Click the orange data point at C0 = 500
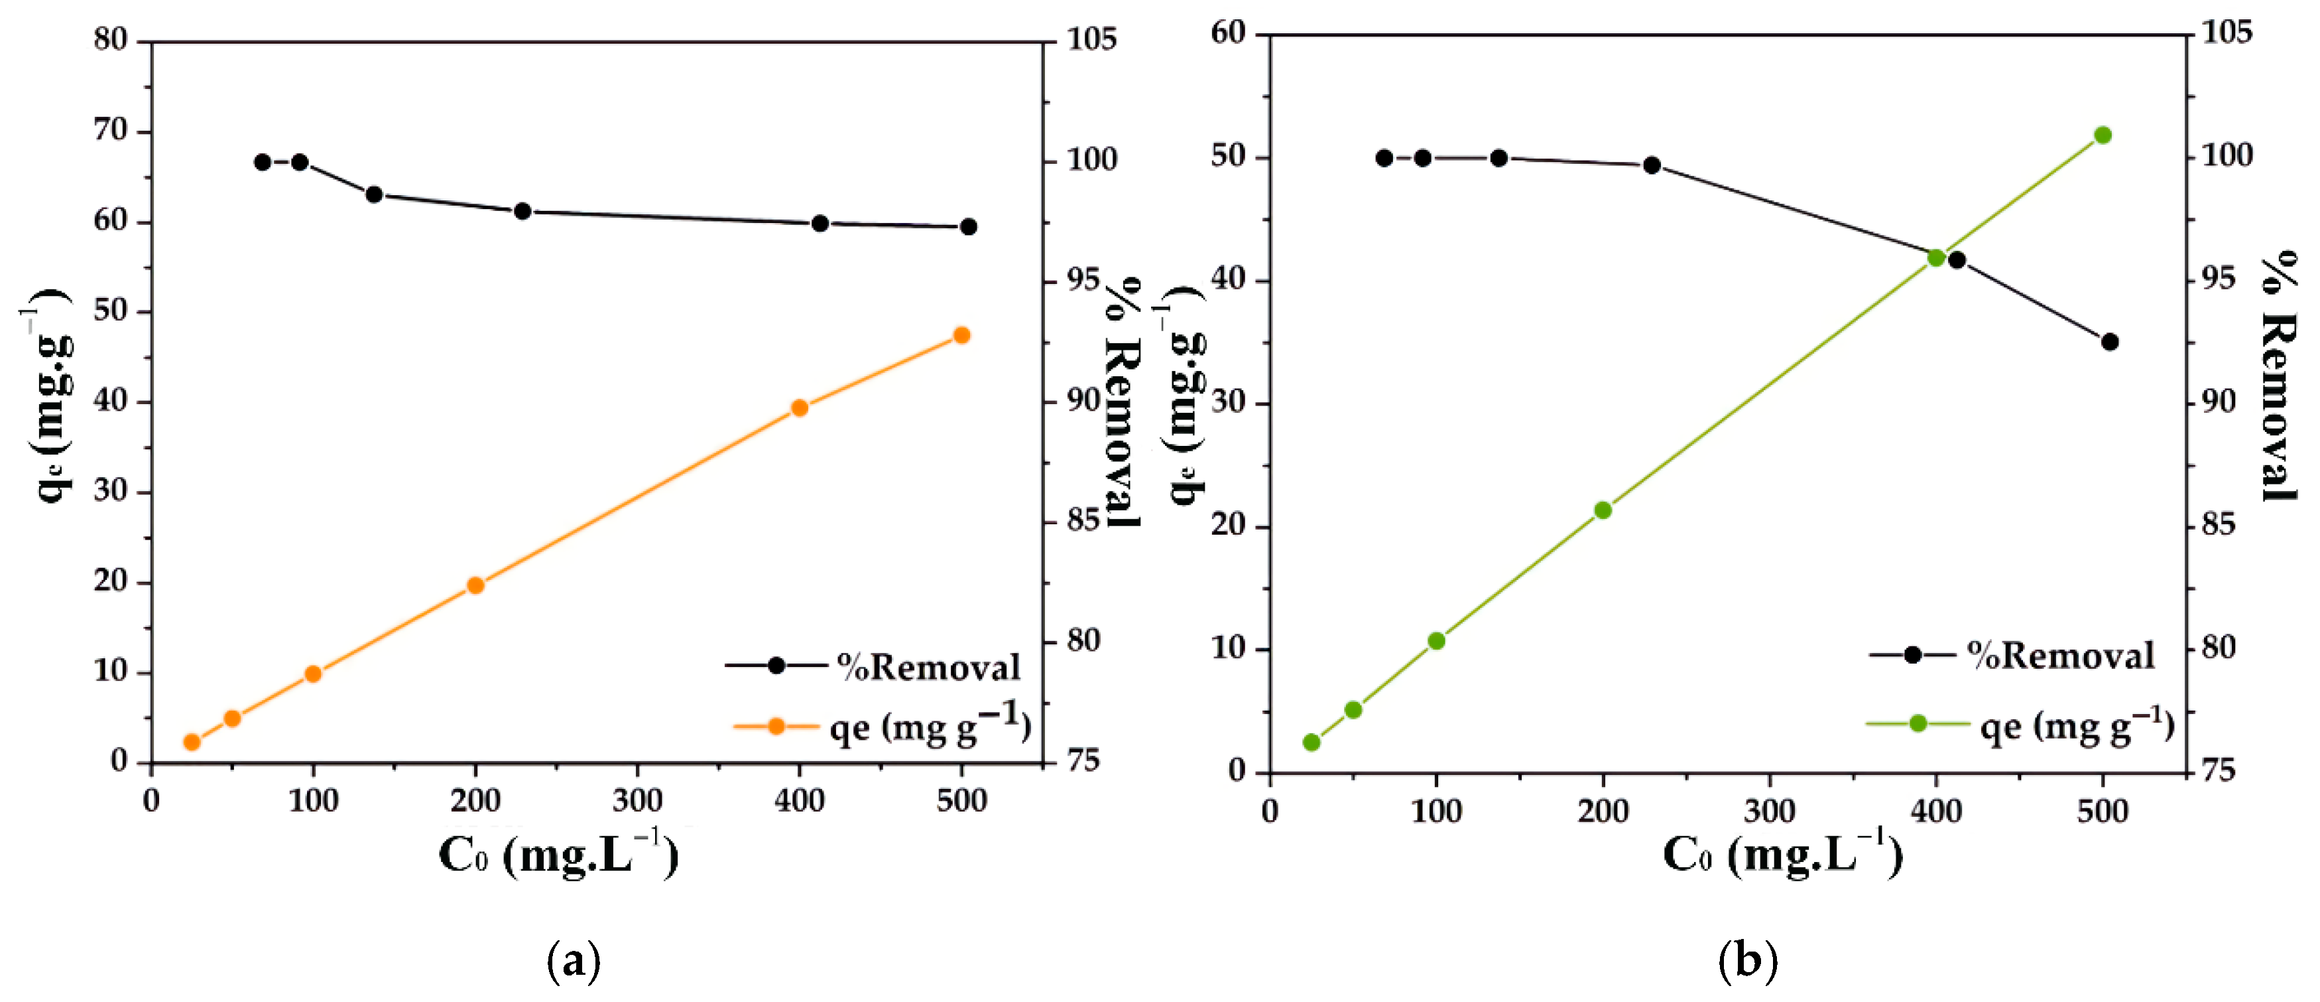pos(961,335)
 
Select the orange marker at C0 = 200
pos(475,586)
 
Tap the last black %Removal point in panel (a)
pos(968,226)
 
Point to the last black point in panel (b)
pos(2109,342)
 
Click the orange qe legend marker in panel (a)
pos(776,725)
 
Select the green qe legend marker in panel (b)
pos(1918,723)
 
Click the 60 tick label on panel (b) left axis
pos(1229,33)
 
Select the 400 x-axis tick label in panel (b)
pos(1936,811)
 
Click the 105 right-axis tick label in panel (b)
pos(2227,33)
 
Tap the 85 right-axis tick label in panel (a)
pos(1084,520)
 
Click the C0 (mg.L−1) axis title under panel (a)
pos(558,854)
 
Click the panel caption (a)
pos(574,962)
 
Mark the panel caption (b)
pos(1747,962)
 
